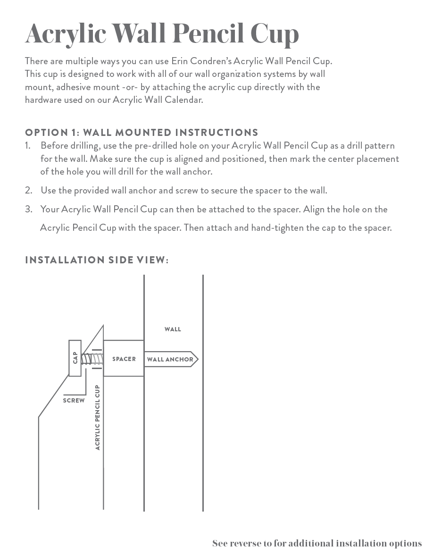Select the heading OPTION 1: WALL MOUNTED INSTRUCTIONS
click(x=142, y=132)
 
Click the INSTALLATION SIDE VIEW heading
click(x=97, y=260)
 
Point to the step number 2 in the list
click(x=28, y=190)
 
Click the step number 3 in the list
click(x=28, y=209)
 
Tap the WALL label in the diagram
click(x=173, y=329)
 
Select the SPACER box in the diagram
click(x=124, y=359)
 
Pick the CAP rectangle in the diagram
click(x=75, y=358)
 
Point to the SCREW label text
click(x=74, y=401)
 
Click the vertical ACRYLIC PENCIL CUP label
click(x=98, y=417)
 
